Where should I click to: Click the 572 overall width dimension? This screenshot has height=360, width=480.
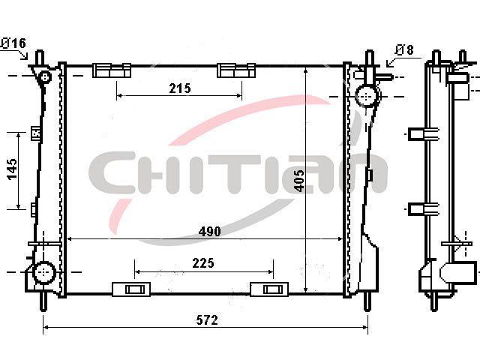207,320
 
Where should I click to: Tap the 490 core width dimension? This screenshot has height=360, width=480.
210,232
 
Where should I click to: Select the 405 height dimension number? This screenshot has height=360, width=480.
299,181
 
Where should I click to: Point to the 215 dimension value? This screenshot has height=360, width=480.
180,88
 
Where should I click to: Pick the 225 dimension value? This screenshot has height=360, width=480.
203,263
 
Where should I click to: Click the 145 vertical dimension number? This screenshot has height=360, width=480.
12,169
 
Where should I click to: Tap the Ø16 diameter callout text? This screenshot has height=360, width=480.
13,43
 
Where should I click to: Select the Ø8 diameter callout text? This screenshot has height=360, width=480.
404,49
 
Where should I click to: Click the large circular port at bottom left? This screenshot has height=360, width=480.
43,271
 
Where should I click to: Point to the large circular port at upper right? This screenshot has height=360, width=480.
366,96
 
